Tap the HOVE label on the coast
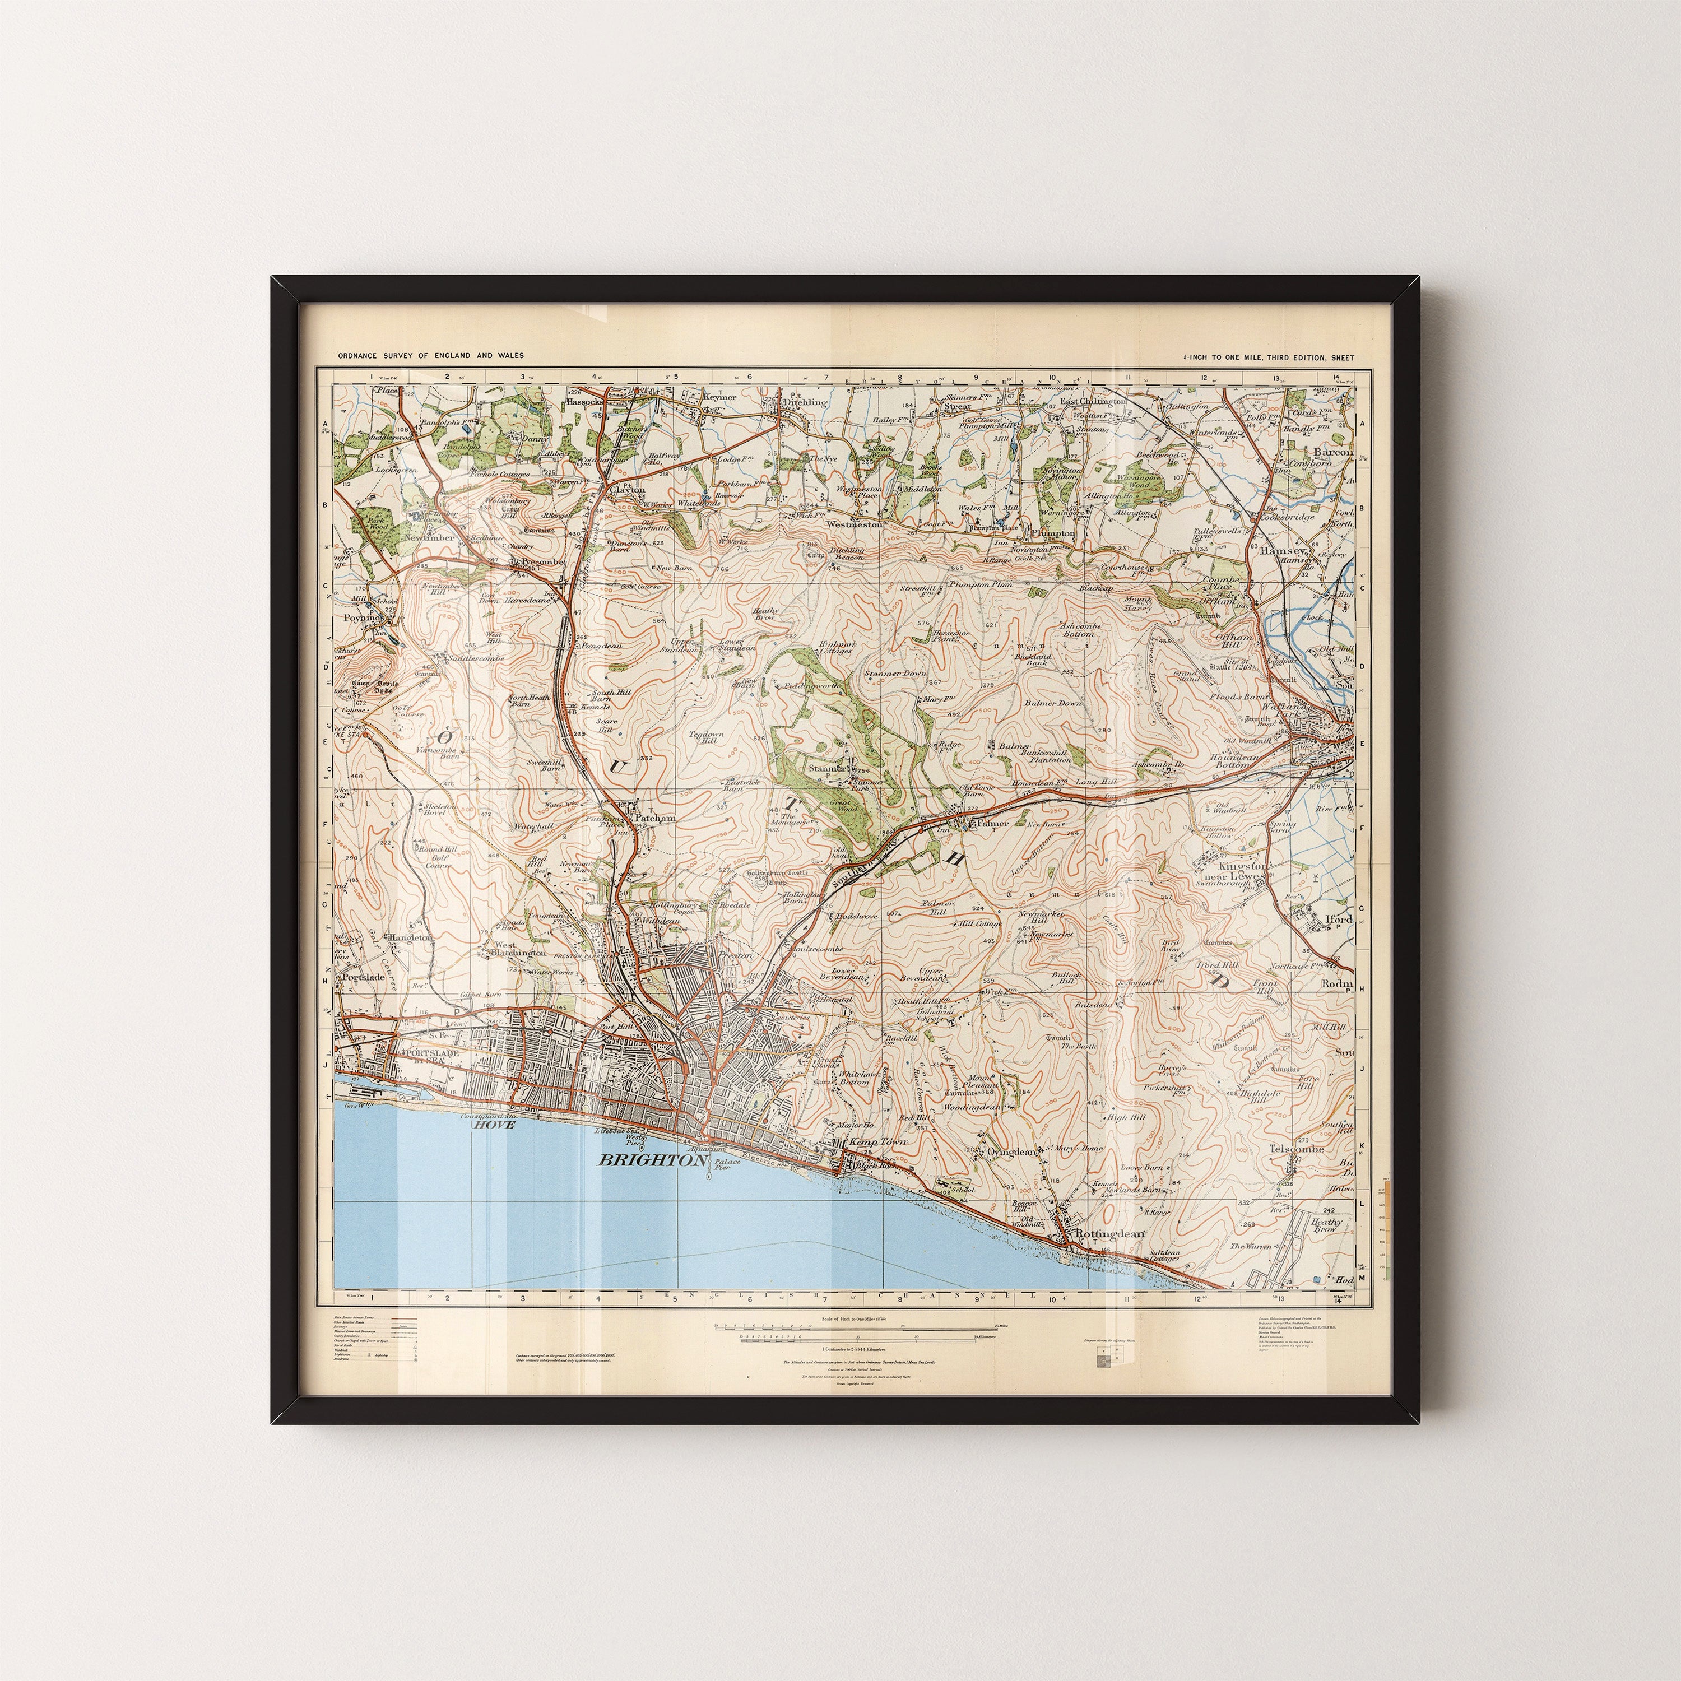point(493,1124)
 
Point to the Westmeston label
point(855,524)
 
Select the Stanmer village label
point(828,769)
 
